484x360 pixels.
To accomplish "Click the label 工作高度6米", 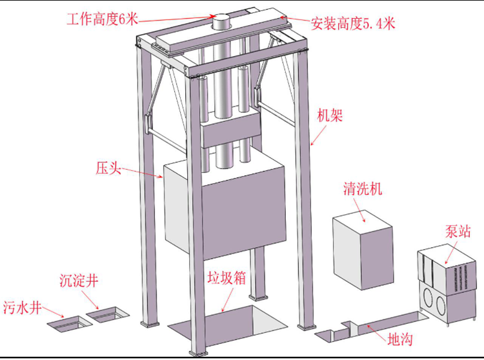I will tap(103, 18).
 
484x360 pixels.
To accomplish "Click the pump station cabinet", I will tap(447, 284).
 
